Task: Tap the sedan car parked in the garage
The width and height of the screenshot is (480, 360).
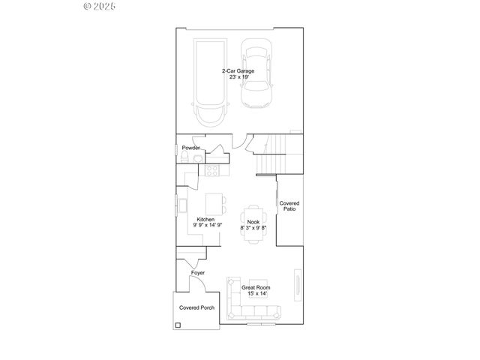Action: (x=256, y=75)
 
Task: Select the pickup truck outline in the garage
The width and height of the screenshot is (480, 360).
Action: (x=211, y=82)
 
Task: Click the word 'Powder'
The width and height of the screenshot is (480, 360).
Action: (x=190, y=148)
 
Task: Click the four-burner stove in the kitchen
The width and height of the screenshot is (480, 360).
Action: (x=211, y=169)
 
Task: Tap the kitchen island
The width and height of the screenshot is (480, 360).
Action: (x=216, y=204)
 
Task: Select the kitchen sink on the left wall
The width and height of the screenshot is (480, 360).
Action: (x=181, y=205)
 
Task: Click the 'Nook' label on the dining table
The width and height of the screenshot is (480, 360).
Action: (x=253, y=220)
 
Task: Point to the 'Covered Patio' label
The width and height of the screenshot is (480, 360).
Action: (x=289, y=206)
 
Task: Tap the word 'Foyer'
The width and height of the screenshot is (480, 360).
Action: (x=197, y=273)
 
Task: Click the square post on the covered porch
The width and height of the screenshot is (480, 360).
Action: (x=178, y=325)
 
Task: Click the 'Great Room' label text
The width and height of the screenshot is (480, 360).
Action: (x=256, y=287)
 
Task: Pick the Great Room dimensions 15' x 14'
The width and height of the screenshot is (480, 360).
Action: (x=256, y=294)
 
